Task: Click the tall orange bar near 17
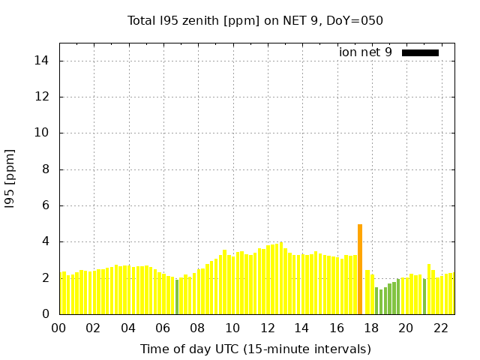360,268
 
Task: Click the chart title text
255,20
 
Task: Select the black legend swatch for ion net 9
420,52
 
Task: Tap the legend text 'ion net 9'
365,52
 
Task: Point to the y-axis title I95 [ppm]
10,183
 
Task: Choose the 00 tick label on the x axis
58,328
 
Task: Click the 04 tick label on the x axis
128,328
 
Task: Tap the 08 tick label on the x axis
197,328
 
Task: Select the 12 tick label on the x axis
267,328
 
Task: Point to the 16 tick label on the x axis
336,328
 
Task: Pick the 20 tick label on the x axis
406,328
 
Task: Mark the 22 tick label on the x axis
440,328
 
